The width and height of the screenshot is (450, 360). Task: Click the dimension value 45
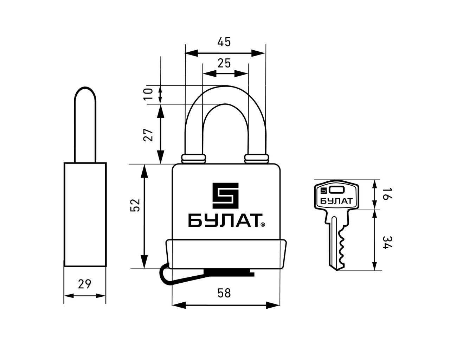[224, 42]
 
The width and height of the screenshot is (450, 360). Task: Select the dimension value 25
[224, 63]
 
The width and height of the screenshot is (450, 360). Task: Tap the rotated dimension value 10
[148, 94]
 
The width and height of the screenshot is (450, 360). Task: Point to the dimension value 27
[148, 135]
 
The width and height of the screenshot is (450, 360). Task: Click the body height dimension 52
[135, 205]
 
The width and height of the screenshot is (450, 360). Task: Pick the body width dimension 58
[224, 293]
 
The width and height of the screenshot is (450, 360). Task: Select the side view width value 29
[85, 284]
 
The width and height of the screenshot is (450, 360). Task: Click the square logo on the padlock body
[226, 195]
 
